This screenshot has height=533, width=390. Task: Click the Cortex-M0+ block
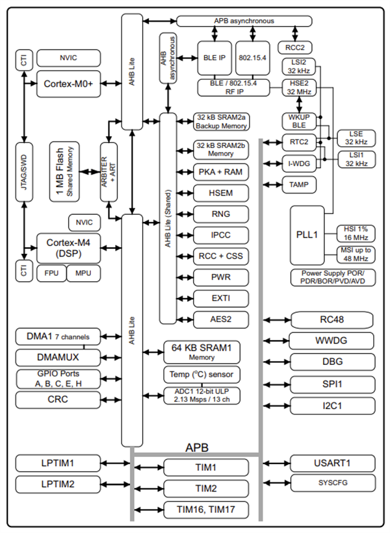(x=69, y=84)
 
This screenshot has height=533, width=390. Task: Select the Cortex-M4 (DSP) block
(x=69, y=247)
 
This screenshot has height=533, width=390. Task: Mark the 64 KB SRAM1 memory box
(x=201, y=352)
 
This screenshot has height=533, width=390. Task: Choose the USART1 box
(x=332, y=463)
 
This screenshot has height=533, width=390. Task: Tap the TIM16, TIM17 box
(x=205, y=510)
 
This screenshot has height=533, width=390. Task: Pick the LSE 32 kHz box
(x=356, y=136)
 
